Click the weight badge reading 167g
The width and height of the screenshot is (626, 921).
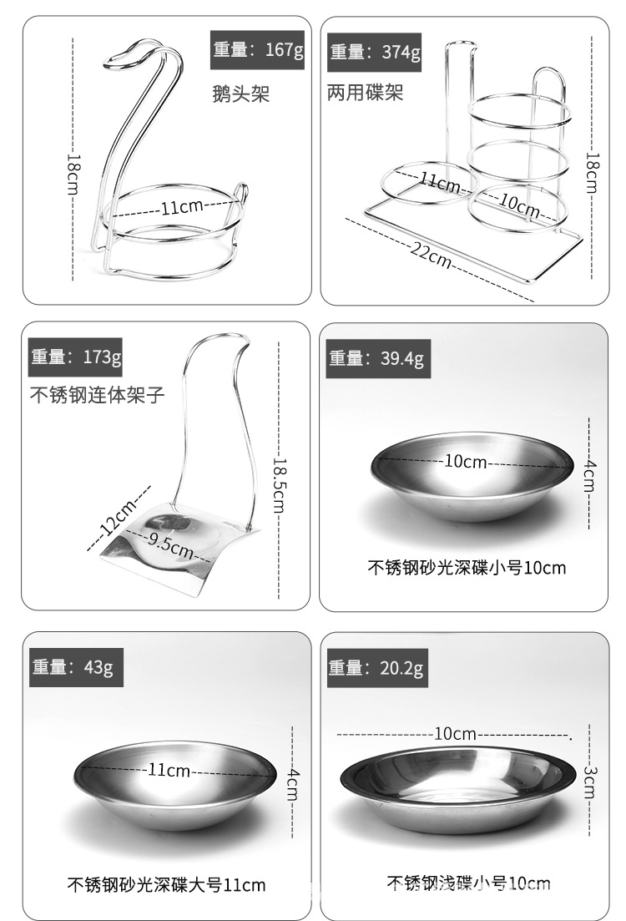click(x=257, y=50)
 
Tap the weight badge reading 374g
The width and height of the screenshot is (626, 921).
click(x=374, y=53)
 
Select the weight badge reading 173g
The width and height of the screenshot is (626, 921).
click(x=75, y=357)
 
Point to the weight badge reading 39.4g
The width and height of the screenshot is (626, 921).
click(x=376, y=358)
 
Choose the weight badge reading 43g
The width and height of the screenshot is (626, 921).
click(x=76, y=667)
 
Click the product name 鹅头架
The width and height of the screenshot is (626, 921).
click(x=240, y=94)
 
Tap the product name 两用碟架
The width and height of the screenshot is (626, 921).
click(x=366, y=92)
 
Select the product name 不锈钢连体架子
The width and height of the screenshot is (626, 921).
click(x=98, y=395)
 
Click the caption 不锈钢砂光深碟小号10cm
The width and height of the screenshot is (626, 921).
click(x=467, y=568)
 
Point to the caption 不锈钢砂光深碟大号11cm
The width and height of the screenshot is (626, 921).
click(x=166, y=885)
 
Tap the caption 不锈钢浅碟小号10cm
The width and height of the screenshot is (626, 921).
click(x=468, y=883)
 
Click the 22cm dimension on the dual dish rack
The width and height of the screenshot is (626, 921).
click(x=431, y=256)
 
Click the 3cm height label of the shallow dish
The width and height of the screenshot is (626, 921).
click(x=590, y=782)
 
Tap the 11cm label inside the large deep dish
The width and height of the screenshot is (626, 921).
click(x=169, y=769)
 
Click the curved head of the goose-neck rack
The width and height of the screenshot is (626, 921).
click(x=136, y=54)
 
